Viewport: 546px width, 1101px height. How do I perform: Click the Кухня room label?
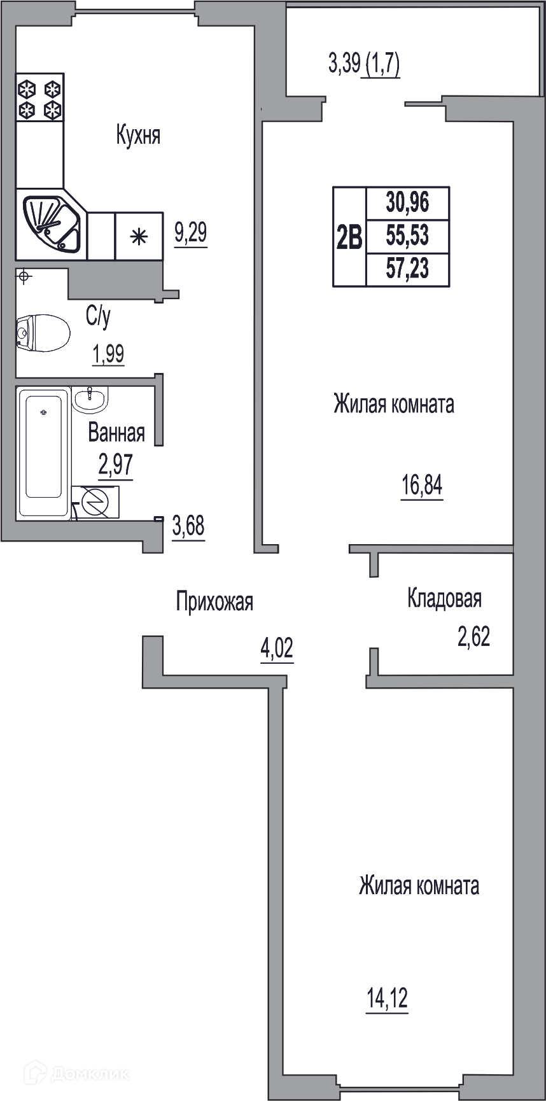[x=138, y=136]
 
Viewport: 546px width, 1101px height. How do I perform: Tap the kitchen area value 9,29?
[x=191, y=233]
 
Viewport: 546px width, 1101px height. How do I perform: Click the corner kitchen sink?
[x=52, y=223]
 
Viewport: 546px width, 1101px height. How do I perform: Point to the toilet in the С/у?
[x=43, y=333]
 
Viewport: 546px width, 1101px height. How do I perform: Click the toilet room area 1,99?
[x=108, y=354]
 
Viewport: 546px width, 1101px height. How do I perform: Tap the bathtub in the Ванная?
[x=43, y=453]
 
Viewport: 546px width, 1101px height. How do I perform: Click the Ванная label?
[x=116, y=433]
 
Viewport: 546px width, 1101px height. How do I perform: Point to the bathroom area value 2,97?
[x=115, y=465]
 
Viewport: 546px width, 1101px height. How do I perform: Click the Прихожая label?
[x=214, y=601]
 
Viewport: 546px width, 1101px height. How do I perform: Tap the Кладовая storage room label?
[x=444, y=598]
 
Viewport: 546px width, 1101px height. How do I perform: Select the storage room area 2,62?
[x=474, y=636]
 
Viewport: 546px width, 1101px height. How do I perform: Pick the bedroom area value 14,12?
[x=387, y=999]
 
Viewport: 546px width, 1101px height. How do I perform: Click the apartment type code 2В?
[x=349, y=237]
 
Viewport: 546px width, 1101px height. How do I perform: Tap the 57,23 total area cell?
[x=408, y=269]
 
